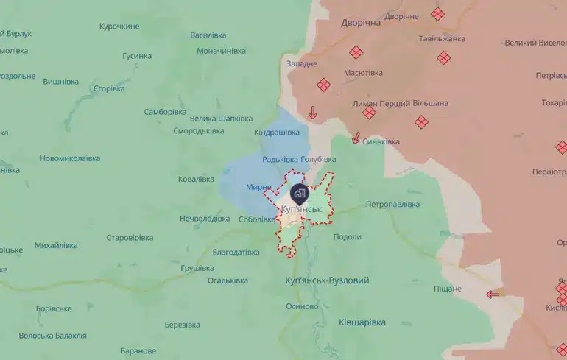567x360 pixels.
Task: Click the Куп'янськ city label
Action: click(x=302, y=210)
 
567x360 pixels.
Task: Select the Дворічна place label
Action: click(x=361, y=23)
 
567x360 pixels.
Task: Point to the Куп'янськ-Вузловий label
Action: click(x=327, y=280)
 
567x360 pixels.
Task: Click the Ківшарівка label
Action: click(x=362, y=322)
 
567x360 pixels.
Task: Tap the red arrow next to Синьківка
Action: click(x=356, y=138)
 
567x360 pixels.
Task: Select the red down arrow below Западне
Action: click(x=312, y=113)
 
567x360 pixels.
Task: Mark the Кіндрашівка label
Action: click(x=277, y=133)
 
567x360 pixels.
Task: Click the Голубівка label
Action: click(x=318, y=160)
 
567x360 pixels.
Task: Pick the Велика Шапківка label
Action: click(x=221, y=119)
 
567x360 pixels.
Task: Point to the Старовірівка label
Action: click(x=130, y=238)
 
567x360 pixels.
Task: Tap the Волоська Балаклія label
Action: click(x=52, y=336)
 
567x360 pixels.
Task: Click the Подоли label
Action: click(x=348, y=237)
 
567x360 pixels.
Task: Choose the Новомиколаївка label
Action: click(x=70, y=158)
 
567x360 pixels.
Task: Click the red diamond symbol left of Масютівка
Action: click(x=324, y=85)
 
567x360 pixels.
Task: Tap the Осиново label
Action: click(x=302, y=306)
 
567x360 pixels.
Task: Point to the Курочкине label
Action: click(x=119, y=27)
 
